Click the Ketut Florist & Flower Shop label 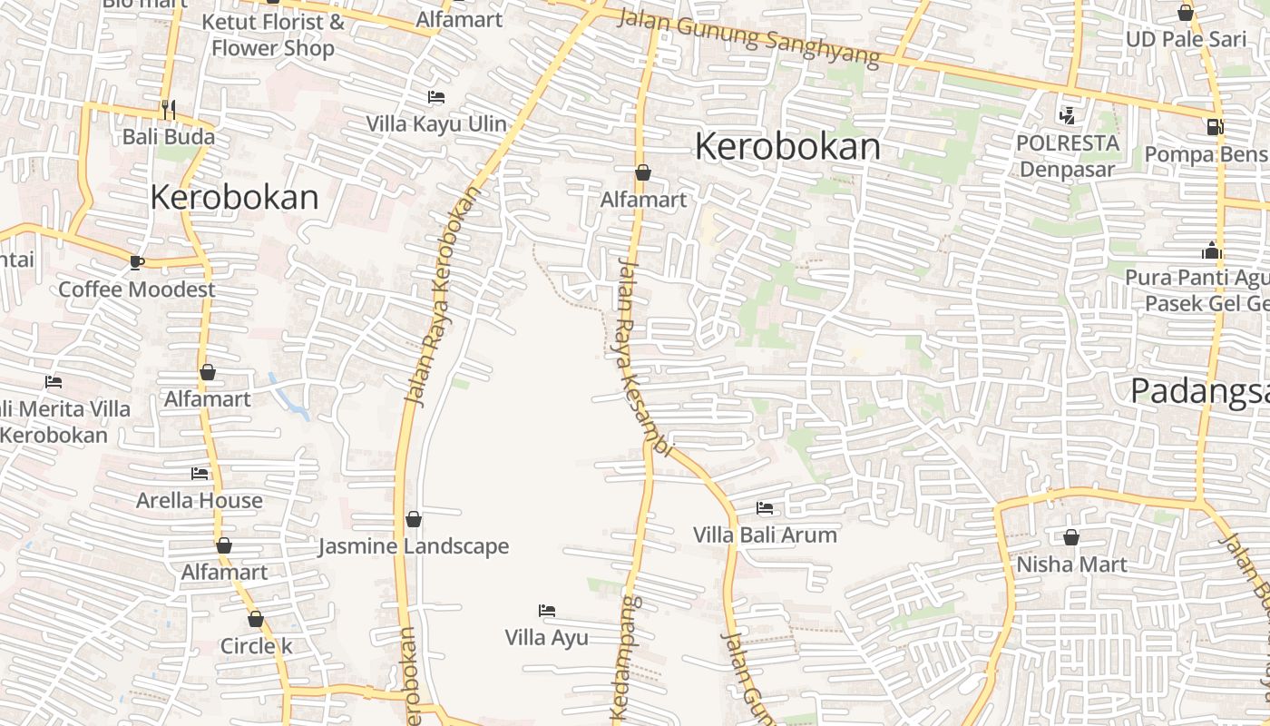coord(273,34)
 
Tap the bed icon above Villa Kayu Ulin coord(436,97)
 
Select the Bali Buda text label coord(169,137)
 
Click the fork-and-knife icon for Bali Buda coord(169,110)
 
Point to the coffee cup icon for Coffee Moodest coord(136,262)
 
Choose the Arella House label coord(200,500)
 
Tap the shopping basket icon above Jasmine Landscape coord(414,519)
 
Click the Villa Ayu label coord(547,637)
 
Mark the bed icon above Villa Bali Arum coord(765,508)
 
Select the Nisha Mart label coord(1071,564)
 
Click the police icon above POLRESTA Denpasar coord(1067,115)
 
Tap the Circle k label coord(257,646)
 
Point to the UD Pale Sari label coord(1186,39)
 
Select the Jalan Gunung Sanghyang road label coord(748,37)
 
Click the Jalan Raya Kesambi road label coord(642,358)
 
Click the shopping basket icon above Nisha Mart coord(1071,537)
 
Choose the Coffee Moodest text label coord(137,289)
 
